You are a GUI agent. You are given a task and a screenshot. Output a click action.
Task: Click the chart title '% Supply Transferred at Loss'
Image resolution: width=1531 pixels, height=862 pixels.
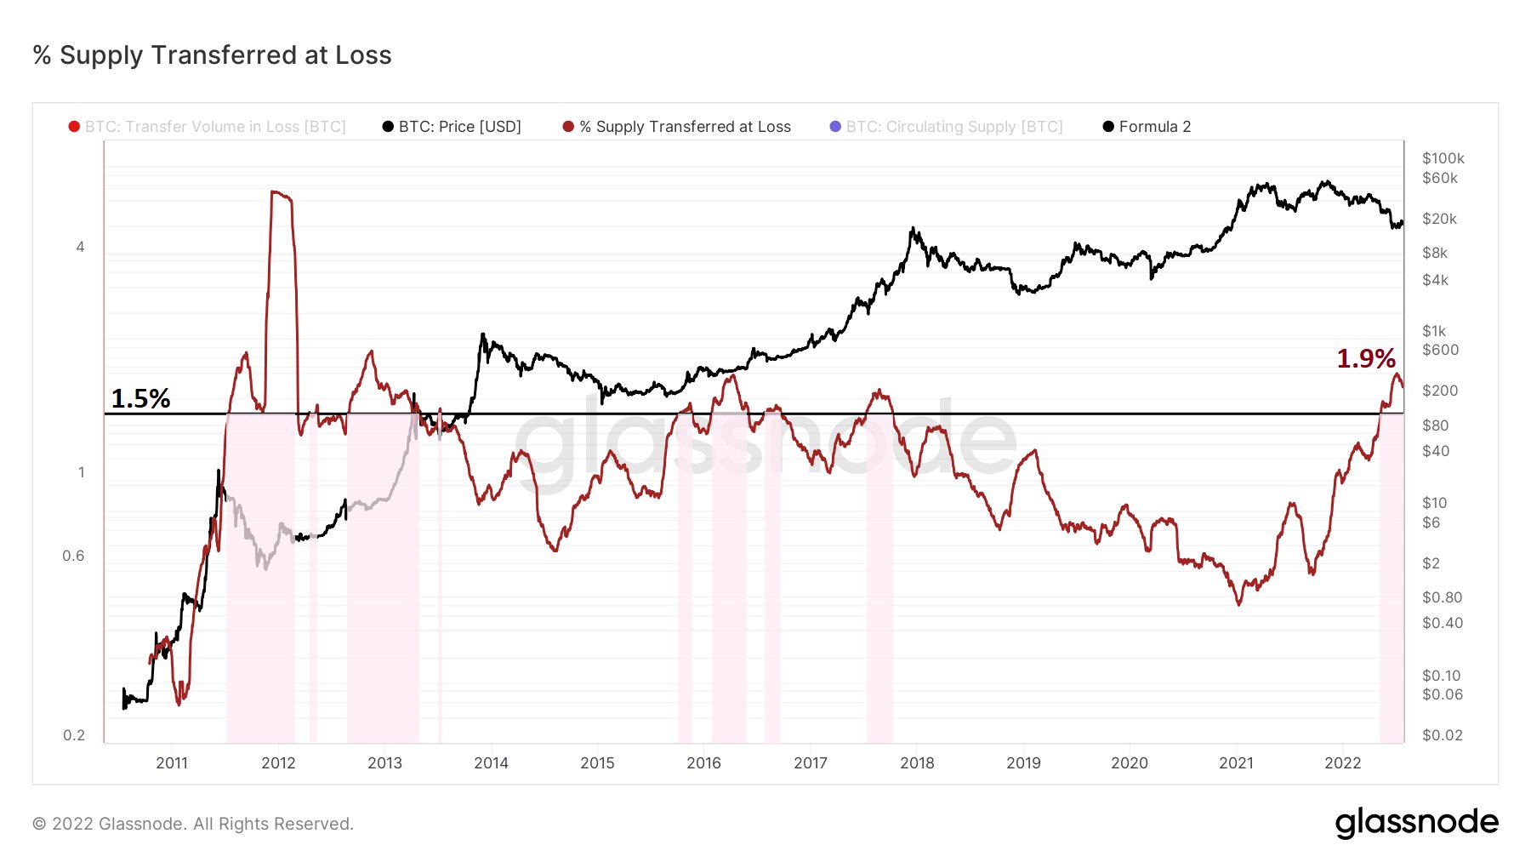click(x=212, y=55)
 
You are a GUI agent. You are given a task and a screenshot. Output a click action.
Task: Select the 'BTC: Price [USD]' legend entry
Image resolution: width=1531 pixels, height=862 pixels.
click(x=459, y=127)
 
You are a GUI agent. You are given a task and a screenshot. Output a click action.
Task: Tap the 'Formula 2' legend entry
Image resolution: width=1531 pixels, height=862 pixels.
click(x=1154, y=127)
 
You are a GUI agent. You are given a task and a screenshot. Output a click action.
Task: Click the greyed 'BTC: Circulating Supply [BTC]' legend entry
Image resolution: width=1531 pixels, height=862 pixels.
click(x=953, y=127)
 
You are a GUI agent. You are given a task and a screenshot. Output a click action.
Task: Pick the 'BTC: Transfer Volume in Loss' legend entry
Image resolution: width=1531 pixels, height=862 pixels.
click(x=214, y=127)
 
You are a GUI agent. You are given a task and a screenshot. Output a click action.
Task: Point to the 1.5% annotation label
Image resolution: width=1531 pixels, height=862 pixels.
click(x=140, y=398)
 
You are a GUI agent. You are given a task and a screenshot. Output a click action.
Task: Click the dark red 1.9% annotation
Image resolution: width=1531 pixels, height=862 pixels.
click(x=1365, y=358)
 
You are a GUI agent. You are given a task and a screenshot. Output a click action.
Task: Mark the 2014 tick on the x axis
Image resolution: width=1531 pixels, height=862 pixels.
click(x=491, y=762)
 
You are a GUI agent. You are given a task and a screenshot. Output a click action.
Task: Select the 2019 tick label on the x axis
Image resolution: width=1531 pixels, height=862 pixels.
click(x=1023, y=762)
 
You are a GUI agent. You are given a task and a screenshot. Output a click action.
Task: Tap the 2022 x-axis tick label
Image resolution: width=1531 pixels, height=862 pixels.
click(x=1342, y=762)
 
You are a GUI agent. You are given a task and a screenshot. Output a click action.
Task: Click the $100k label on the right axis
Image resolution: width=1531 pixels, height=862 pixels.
click(x=1443, y=158)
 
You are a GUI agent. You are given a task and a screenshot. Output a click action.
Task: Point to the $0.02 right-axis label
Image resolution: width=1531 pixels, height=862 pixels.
click(x=1443, y=735)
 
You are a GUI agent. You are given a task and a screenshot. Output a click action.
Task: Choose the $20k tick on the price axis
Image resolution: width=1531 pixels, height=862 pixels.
click(x=1439, y=219)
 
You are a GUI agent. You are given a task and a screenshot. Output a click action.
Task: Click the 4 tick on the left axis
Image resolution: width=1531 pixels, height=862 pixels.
click(x=81, y=247)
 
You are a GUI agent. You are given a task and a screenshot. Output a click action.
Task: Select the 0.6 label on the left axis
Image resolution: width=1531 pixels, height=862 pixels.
click(x=74, y=556)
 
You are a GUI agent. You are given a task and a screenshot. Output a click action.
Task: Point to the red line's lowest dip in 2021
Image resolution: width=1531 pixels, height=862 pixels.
click(x=1238, y=603)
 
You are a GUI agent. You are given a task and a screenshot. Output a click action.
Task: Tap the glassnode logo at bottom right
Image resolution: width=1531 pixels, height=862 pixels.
click(x=1416, y=823)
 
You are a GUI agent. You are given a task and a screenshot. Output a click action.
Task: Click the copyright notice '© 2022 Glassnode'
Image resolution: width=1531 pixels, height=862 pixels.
click(x=193, y=824)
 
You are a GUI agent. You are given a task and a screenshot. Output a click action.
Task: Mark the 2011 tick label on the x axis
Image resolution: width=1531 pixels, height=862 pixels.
click(x=172, y=762)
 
